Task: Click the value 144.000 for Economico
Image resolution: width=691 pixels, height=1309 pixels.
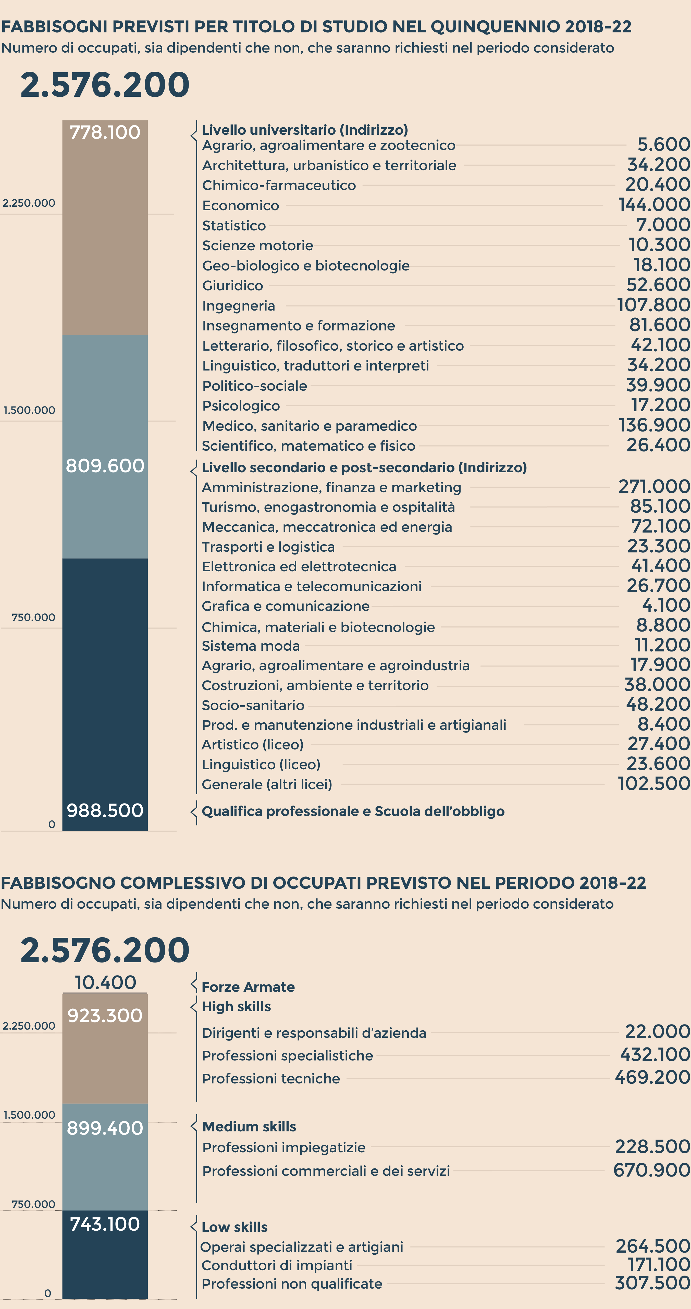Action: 654,205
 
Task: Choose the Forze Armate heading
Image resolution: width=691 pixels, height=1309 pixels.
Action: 248,987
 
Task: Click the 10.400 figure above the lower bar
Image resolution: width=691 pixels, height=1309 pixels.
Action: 105,982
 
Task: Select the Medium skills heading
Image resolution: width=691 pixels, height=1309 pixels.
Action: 249,1127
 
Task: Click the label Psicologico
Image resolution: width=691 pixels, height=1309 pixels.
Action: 241,405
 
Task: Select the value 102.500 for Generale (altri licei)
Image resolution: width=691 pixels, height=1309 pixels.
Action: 654,784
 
